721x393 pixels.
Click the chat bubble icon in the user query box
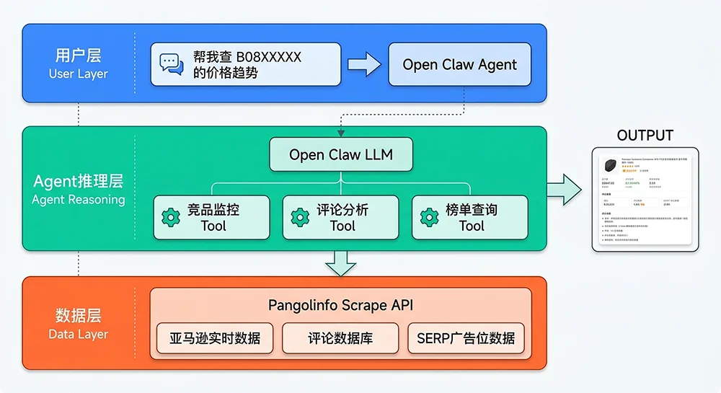(x=172, y=64)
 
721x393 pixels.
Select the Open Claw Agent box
(x=459, y=64)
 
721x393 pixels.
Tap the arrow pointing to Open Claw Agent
(x=364, y=64)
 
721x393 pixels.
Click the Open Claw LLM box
(x=341, y=154)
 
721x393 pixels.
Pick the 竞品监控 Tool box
(x=212, y=217)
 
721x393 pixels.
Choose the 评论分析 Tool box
(x=340, y=217)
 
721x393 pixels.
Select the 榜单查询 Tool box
(x=469, y=217)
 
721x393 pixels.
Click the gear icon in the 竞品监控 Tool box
(x=171, y=217)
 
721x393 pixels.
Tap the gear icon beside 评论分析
(x=300, y=217)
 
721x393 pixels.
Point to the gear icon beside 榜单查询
(x=429, y=217)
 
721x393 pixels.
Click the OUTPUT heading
(x=645, y=136)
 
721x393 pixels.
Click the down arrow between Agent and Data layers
(x=341, y=263)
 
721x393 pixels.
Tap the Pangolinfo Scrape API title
(x=340, y=304)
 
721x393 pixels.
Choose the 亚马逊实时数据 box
(x=215, y=338)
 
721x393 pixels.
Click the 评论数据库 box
(x=340, y=338)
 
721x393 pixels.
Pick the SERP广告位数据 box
(x=466, y=338)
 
